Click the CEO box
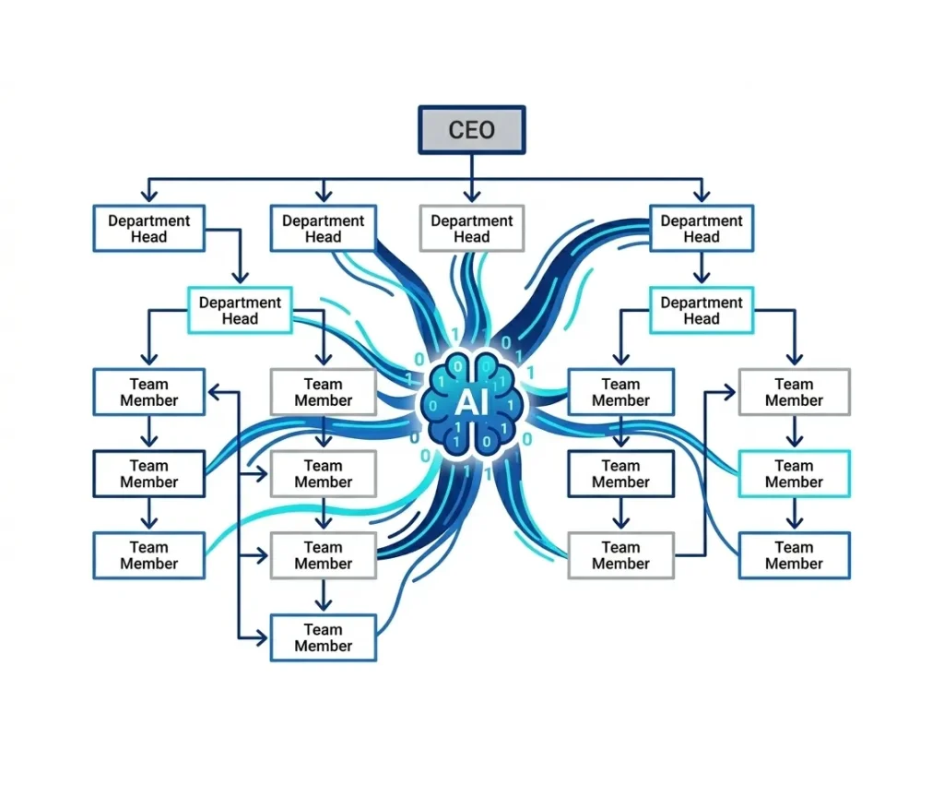click(472, 129)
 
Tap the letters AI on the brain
click(471, 404)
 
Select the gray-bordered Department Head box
click(472, 229)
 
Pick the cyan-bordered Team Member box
click(794, 474)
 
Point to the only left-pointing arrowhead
click(213, 392)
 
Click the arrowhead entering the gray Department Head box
click(472, 196)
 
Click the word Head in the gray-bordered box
click(472, 237)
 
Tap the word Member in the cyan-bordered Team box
click(794, 482)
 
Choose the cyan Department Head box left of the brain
click(241, 310)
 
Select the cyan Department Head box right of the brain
click(702, 310)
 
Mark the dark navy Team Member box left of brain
click(148, 474)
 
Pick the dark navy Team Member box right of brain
click(620, 474)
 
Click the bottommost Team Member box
click(324, 637)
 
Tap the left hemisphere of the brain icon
click(452, 404)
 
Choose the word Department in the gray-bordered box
click(472, 221)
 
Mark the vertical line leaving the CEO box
click(472, 166)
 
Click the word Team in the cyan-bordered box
click(794, 466)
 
